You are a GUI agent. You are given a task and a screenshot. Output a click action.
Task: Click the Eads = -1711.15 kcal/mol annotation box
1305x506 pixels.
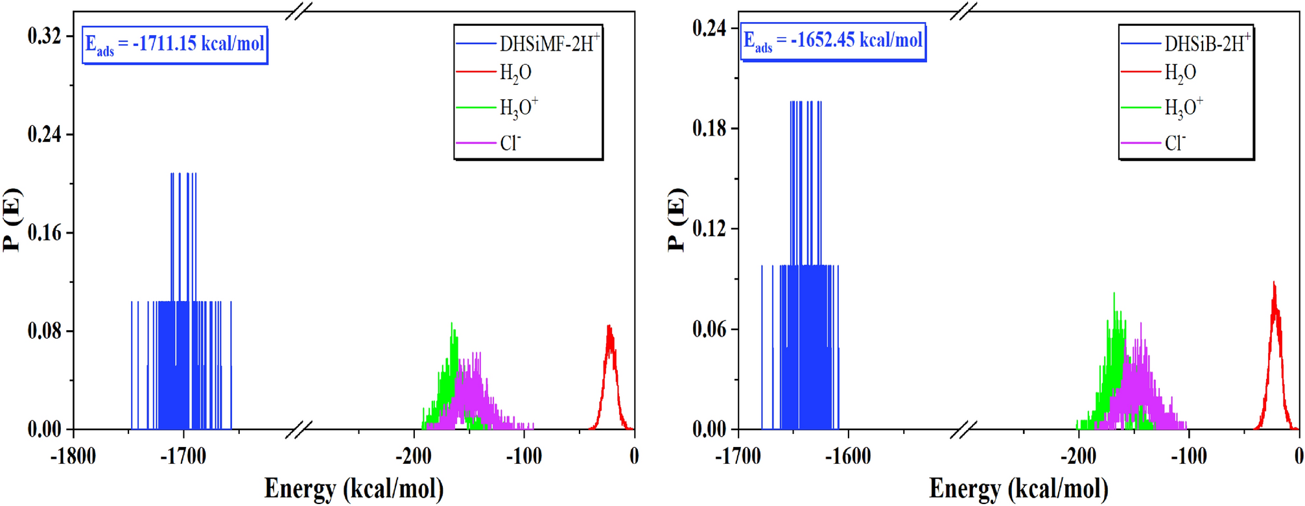(x=174, y=45)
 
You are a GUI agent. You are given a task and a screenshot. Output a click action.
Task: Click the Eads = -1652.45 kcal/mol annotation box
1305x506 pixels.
(x=833, y=42)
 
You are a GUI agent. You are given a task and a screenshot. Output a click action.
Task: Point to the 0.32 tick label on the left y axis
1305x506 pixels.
(x=44, y=36)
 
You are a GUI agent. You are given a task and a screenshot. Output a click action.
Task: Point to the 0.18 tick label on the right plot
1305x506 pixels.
(x=709, y=128)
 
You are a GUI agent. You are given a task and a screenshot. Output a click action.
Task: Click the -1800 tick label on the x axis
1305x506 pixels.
(x=73, y=457)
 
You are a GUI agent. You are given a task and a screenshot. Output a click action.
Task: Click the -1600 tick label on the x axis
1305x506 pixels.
(x=848, y=457)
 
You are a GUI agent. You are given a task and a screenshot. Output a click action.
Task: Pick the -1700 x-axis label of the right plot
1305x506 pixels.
(x=738, y=457)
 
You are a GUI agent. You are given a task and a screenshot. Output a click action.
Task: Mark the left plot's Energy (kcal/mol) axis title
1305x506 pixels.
(x=354, y=488)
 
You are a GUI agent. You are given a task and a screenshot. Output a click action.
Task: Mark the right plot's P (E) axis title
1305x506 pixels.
(x=676, y=219)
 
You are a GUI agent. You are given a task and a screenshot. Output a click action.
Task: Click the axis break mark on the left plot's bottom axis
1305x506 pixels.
(x=299, y=429)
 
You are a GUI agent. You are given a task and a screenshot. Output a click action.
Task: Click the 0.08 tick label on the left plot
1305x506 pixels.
(x=44, y=331)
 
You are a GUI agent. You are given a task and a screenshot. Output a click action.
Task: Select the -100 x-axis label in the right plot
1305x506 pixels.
(x=1188, y=457)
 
